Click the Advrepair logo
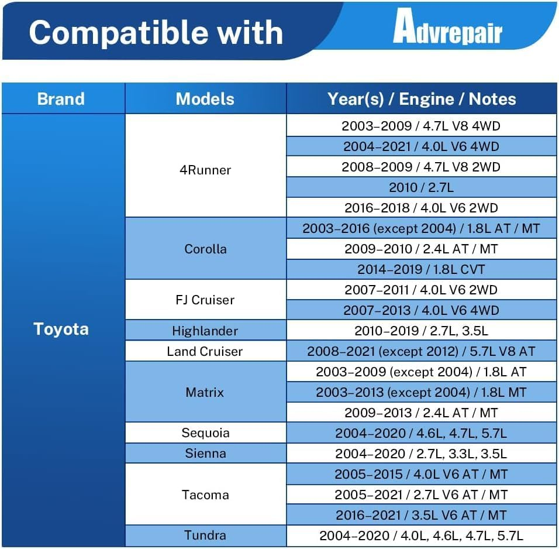point(447,26)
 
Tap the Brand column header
point(61,99)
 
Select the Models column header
point(205,99)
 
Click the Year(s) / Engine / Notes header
point(422,99)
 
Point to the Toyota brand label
point(61,329)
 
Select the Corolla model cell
point(205,249)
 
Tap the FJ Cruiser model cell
point(205,300)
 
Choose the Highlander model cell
point(205,331)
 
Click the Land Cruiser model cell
point(205,351)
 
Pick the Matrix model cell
point(205,392)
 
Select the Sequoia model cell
point(205,433)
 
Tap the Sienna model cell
point(205,454)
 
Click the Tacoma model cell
point(205,495)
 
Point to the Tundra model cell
point(205,536)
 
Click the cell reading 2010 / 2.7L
point(422,187)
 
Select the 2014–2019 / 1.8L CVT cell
point(422,269)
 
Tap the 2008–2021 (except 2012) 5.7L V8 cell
point(422,351)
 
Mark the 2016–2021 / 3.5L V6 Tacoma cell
point(422,515)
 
